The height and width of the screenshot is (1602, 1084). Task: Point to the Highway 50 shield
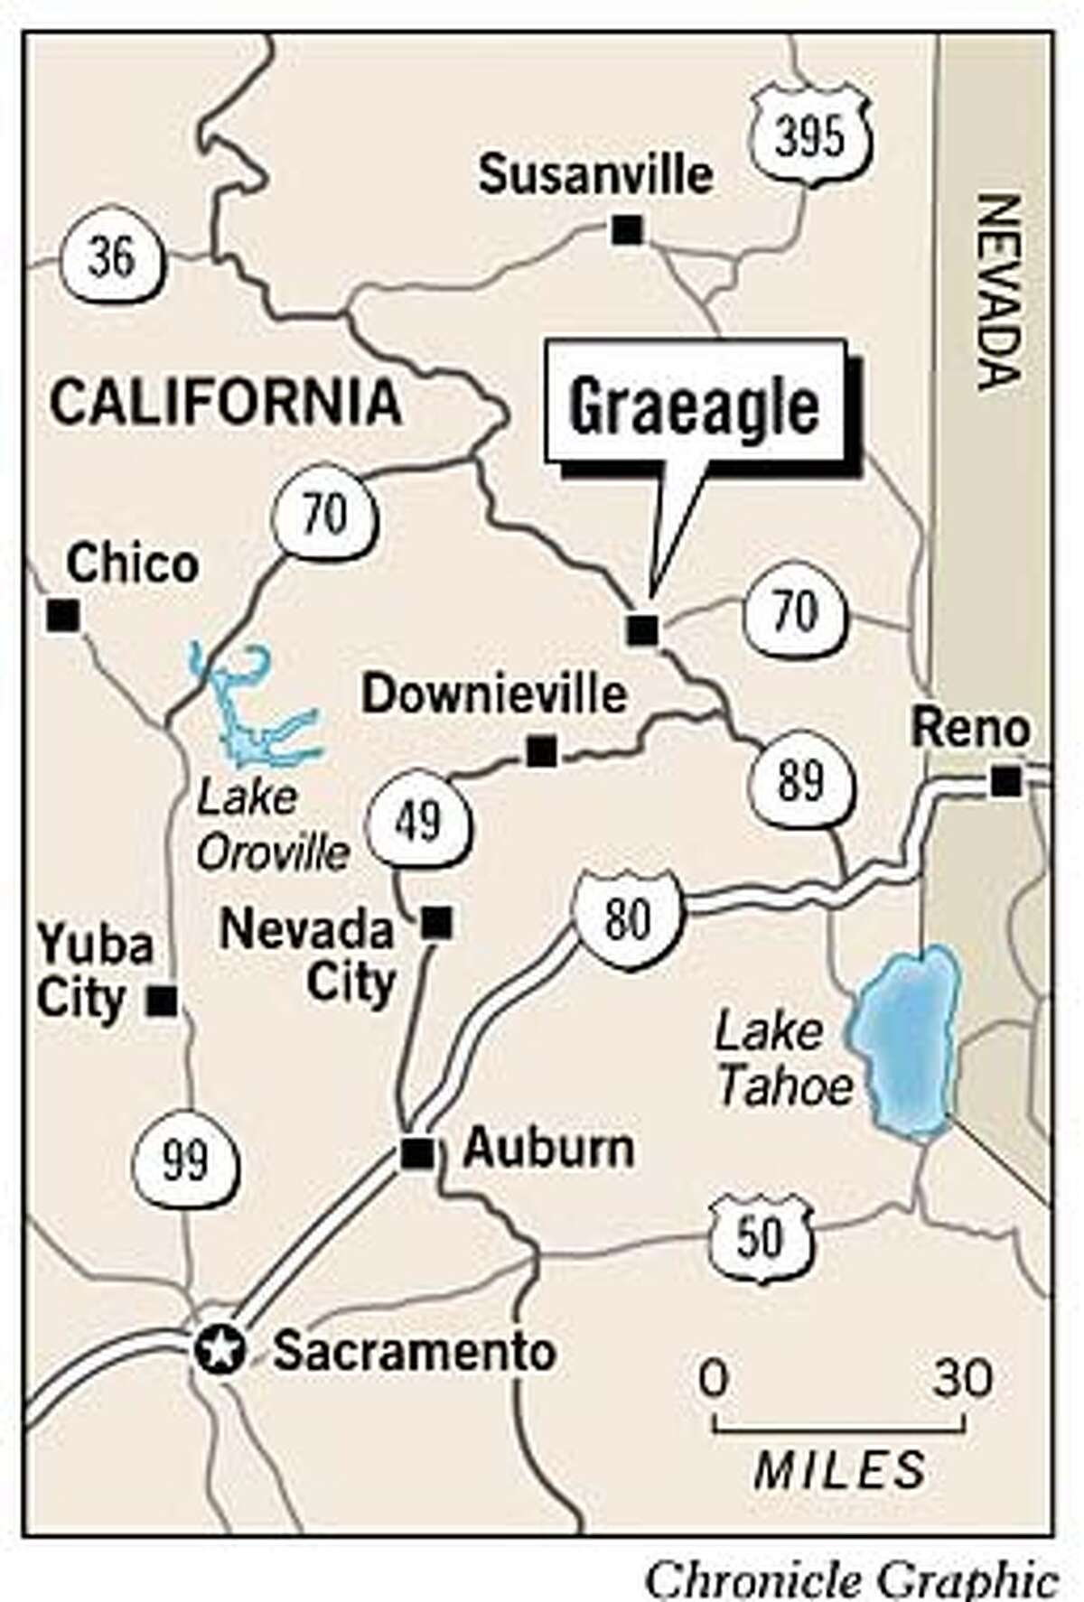[759, 1237]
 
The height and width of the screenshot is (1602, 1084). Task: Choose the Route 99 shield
[185, 1159]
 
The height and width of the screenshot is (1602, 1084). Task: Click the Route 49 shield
[419, 822]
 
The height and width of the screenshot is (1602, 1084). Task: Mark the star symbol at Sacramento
[221, 1352]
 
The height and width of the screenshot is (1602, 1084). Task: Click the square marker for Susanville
[627, 230]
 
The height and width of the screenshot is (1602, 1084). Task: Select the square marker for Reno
[1005, 780]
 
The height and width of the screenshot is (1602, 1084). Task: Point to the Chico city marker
[63, 616]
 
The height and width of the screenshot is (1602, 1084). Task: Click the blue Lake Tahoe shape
[903, 1039]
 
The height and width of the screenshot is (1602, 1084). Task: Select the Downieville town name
[494, 695]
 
